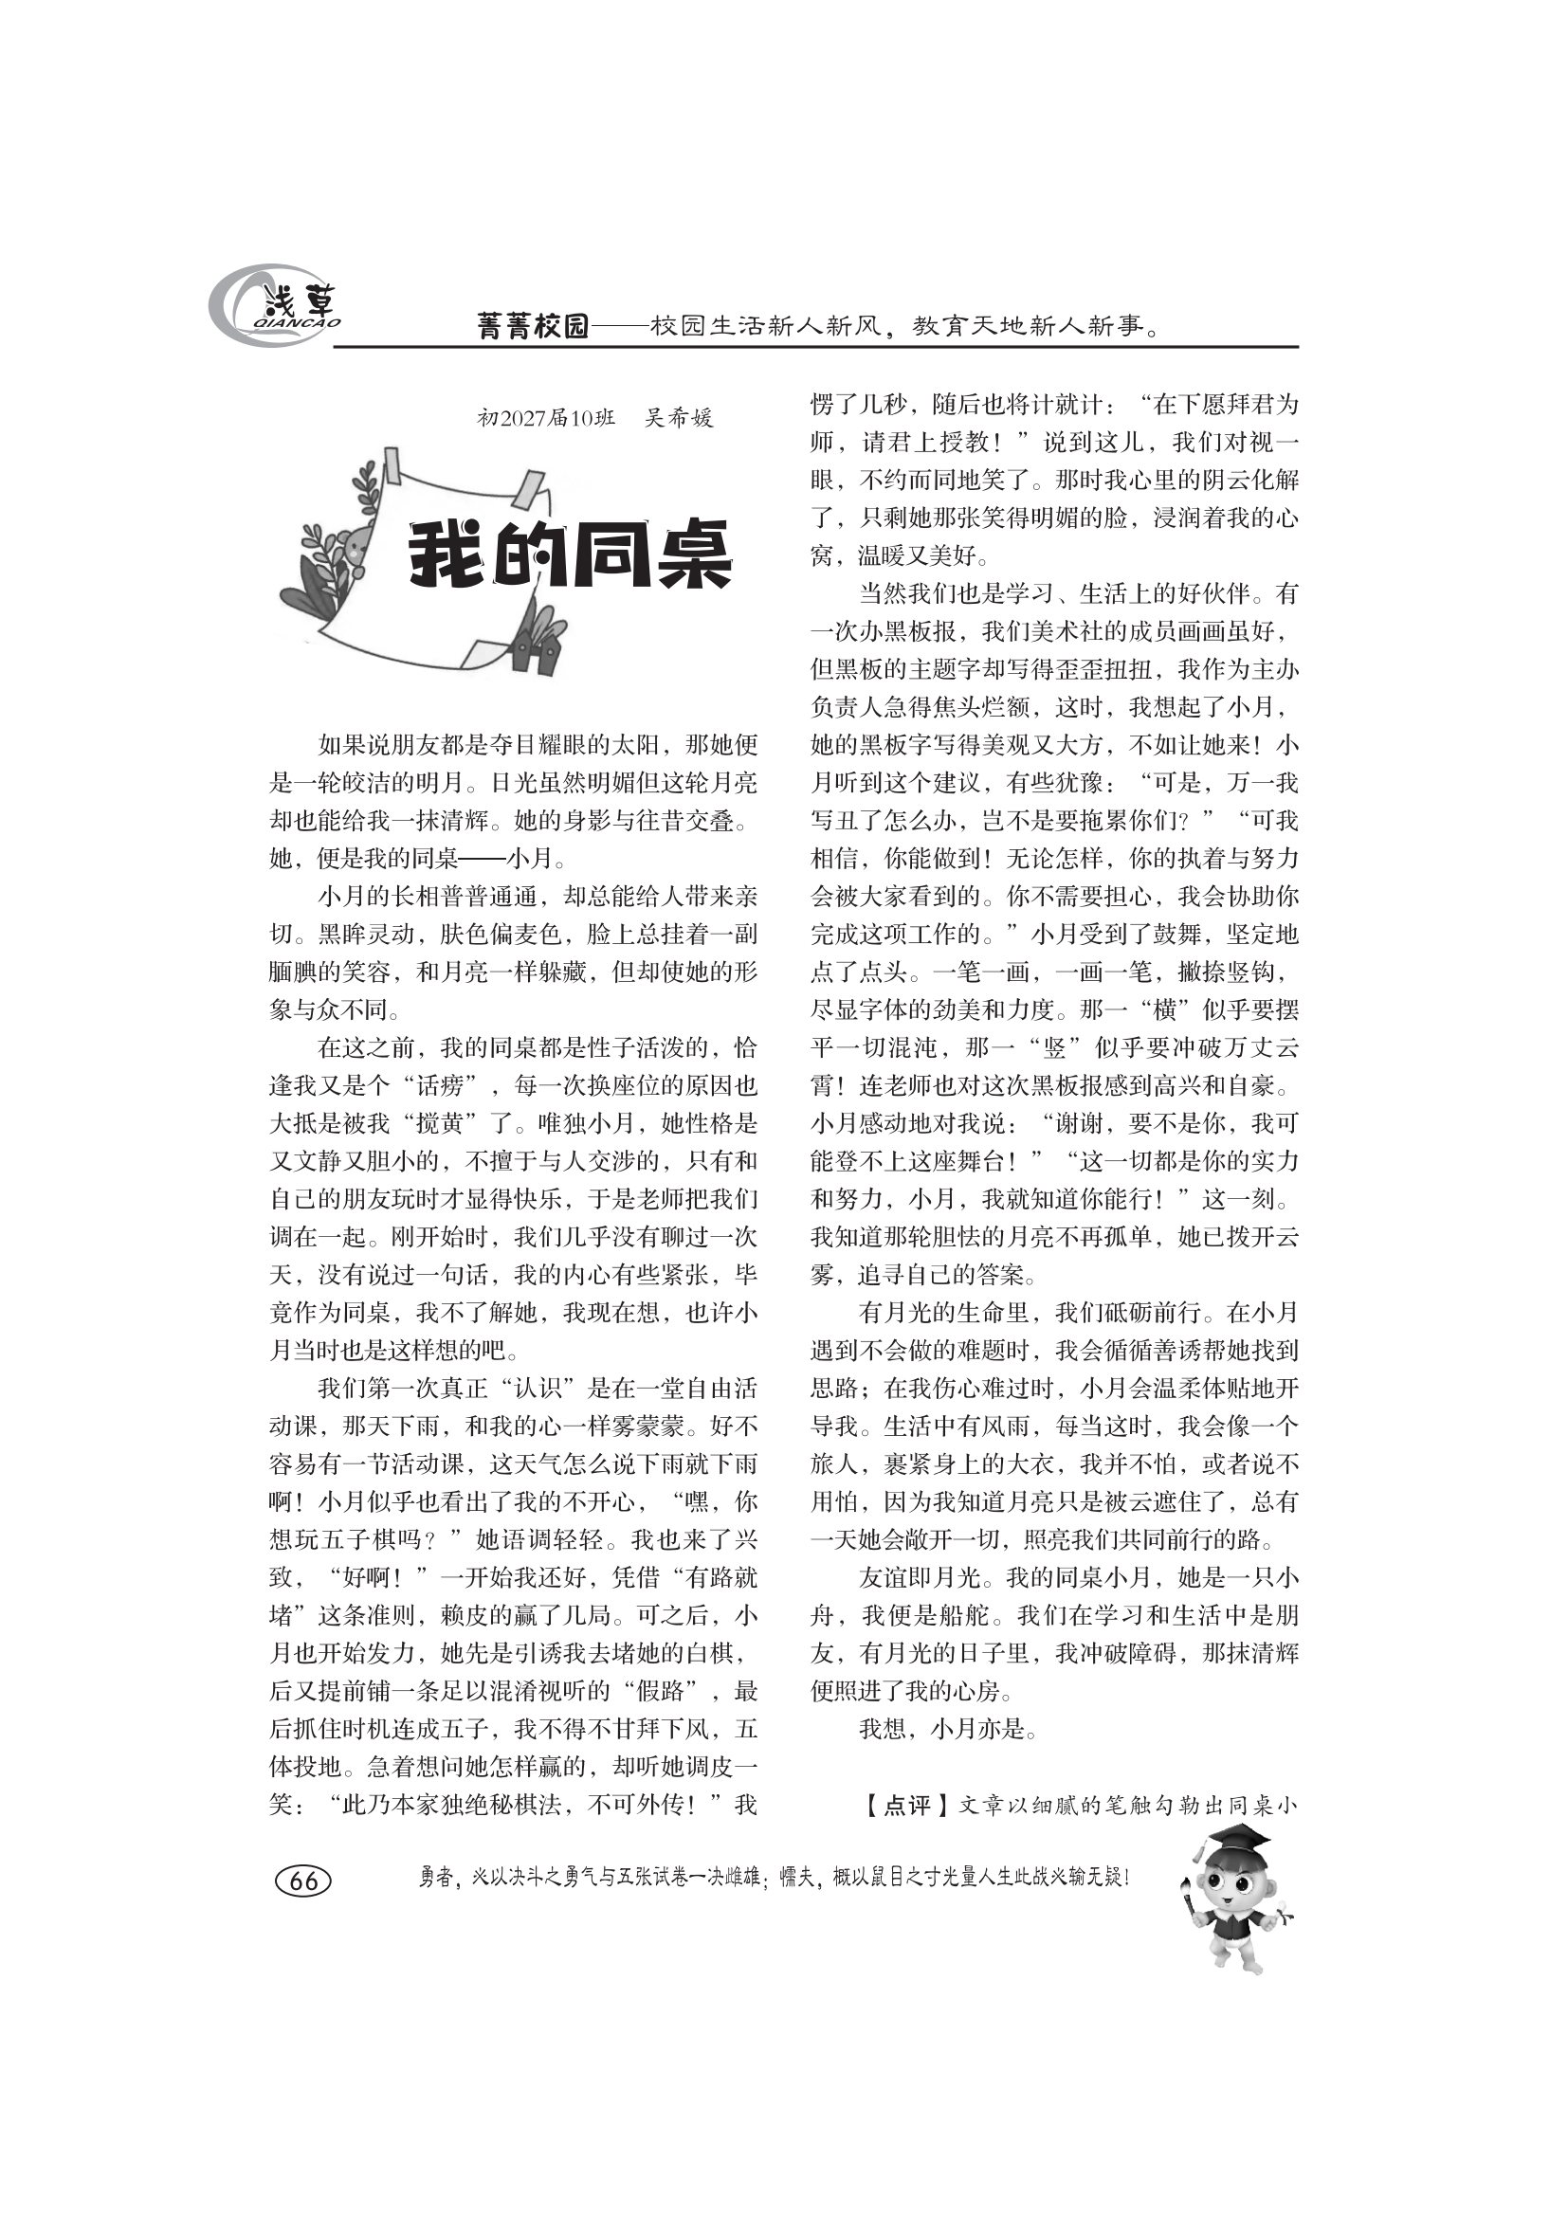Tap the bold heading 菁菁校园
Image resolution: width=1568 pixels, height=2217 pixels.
pyautogui.click(x=533, y=326)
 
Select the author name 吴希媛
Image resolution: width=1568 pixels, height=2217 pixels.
pyautogui.click(x=679, y=418)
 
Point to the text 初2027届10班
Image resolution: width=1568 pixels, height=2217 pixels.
pyautogui.click(x=545, y=418)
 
